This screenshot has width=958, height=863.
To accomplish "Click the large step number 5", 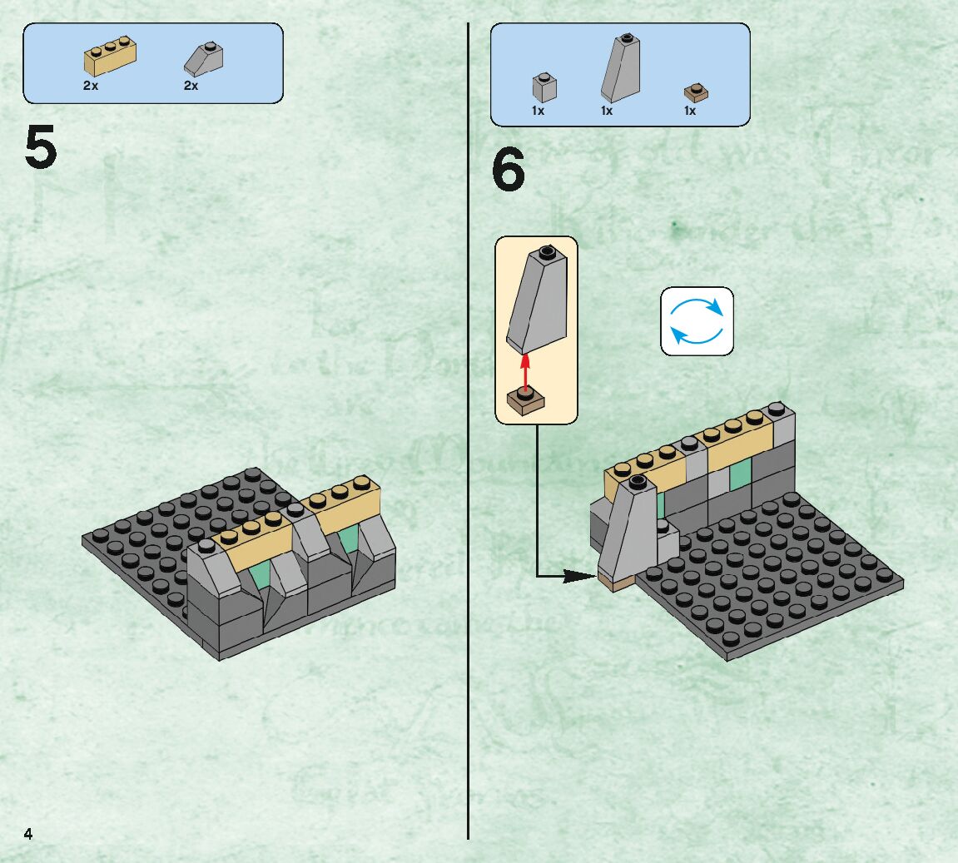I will point(41,148).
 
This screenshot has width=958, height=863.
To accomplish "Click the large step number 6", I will point(509,171).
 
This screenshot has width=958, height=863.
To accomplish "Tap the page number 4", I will point(28,834).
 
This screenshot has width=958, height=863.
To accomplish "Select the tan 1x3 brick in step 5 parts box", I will point(110,57).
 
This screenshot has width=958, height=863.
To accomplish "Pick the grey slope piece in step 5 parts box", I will point(203,59).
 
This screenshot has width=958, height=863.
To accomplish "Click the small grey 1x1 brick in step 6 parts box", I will point(544,87).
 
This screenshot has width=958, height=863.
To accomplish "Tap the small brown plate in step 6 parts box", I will point(696,92).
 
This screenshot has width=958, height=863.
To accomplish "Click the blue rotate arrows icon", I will point(697,321).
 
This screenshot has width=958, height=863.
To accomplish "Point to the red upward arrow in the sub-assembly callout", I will point(525,370).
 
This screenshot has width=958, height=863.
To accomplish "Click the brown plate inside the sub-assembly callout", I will point(525,400).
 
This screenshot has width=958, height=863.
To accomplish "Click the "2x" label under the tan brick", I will point(91,86).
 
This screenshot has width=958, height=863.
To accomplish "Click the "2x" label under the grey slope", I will point(191,86).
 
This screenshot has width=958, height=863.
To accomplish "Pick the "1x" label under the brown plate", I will point(690,111).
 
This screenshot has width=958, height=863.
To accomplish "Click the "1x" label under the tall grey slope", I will point(607,111).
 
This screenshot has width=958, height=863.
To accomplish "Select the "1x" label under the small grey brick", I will point(538,111).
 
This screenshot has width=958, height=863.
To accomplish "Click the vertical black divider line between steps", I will point(469,499).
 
